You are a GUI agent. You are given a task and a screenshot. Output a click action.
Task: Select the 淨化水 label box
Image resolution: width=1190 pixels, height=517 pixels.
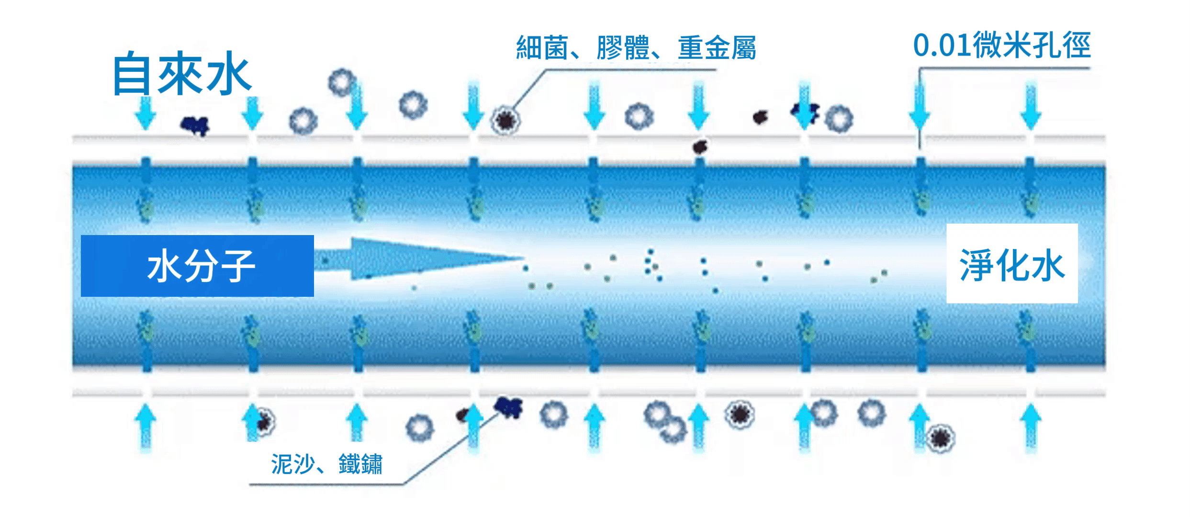tap(1012, 264)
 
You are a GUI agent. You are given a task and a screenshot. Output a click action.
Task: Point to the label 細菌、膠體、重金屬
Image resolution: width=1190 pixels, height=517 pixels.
tap(636, 48)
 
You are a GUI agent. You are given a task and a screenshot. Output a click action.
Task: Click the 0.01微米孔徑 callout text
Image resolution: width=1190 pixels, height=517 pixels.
tap(1002, 45)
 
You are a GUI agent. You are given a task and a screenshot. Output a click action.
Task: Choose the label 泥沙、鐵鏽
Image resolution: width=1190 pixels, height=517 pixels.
tap(326, 463)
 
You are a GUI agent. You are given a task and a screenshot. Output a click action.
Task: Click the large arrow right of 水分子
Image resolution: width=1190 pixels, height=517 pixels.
tap(421, 258)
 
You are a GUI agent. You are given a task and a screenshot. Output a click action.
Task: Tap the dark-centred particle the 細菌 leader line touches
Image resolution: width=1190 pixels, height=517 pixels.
tap(505, 120)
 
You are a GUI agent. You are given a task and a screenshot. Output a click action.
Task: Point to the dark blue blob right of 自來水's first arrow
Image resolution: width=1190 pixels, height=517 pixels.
tap(195, 125)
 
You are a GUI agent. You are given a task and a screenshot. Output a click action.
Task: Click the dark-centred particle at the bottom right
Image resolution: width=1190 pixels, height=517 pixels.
tap(940, 438)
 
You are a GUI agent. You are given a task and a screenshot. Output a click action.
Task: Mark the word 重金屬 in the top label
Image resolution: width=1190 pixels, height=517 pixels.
tap(717, 48)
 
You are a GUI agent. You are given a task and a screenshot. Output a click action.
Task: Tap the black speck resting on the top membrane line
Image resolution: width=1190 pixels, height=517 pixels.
tap(700, 146)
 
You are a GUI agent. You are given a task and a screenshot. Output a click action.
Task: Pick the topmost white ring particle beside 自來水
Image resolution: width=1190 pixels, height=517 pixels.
tap(341, 82)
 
